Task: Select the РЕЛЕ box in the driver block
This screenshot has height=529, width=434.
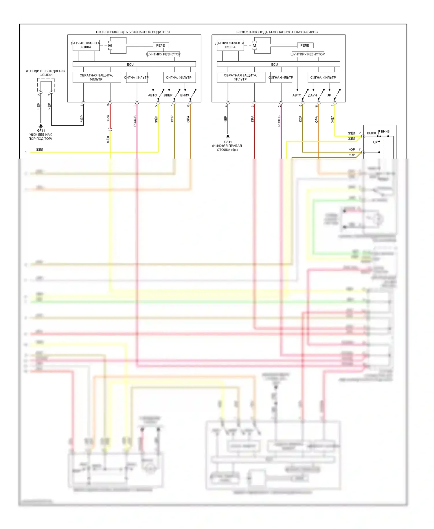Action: coord(161,45)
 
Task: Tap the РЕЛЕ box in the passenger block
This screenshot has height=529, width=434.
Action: coord(305,45)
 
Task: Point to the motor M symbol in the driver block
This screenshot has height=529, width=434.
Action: coord(110,45)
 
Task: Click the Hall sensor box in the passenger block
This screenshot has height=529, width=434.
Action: coord(230,45)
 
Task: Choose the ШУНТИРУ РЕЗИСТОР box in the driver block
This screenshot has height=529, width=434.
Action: coord(163,54)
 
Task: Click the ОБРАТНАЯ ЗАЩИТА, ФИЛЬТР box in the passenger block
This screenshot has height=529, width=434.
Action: coord(241,77)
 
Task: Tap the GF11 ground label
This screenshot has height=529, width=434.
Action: coord(41,131)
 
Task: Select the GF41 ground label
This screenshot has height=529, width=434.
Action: coord(228,142)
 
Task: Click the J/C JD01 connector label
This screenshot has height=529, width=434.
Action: coord(46,75)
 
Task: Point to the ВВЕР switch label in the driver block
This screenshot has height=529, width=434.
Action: coord(168,95)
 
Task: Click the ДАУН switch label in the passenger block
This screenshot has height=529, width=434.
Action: coord(312,95)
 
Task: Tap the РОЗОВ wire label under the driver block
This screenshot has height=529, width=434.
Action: coord(135,121)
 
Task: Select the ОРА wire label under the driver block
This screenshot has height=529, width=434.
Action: coord(188,119)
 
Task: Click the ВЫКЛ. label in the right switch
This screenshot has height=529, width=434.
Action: coord(372,133)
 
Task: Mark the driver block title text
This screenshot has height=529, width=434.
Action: coord(133,32)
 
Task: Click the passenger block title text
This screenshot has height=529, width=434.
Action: coord(277,32)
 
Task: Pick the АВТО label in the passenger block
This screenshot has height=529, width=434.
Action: coord(297,95)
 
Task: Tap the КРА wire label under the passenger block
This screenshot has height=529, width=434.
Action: coord(253,119)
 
